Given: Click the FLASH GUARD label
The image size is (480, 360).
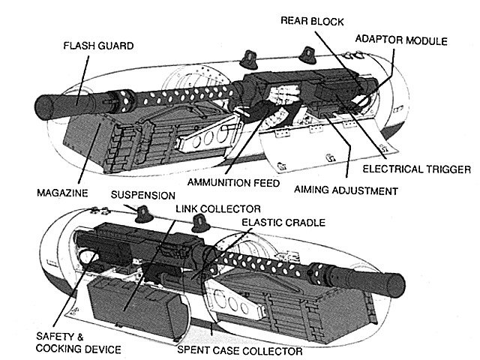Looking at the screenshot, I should [x=100, y=46].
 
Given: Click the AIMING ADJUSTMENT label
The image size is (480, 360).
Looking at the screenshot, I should [x=355, y=191].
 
